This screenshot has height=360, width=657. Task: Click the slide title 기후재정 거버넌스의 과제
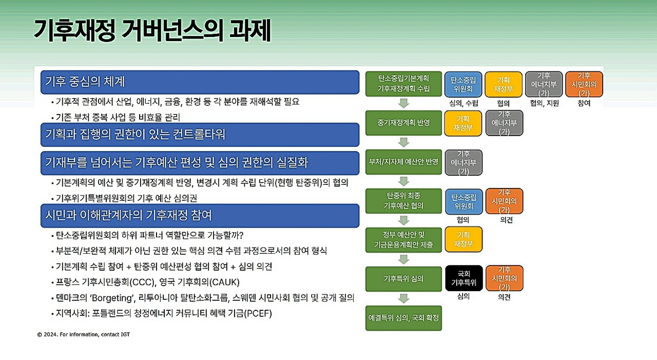152,31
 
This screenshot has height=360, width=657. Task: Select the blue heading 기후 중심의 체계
200,82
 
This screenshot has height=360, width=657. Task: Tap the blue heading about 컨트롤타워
200,135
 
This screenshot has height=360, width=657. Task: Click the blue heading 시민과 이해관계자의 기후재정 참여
200,216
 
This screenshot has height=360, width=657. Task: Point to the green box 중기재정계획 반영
403,123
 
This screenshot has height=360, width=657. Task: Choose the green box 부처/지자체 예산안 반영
403,162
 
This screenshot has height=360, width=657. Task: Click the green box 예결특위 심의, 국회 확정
403,318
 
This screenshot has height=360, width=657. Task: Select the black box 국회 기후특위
463,278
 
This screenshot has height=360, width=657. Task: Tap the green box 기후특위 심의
403,279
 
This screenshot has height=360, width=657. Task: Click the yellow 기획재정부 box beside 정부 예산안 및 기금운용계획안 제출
463,239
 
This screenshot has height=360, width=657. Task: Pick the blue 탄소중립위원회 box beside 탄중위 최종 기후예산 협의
463,201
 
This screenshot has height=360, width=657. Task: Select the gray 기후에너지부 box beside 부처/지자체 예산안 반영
463,163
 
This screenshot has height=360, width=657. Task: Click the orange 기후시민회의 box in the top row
584,84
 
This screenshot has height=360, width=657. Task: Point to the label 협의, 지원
545,103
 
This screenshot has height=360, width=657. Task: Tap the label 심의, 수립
463,103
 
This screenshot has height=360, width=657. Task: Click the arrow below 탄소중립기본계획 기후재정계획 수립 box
403,103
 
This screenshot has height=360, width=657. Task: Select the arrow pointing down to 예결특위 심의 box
403,298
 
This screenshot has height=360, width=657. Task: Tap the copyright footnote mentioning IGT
84,334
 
